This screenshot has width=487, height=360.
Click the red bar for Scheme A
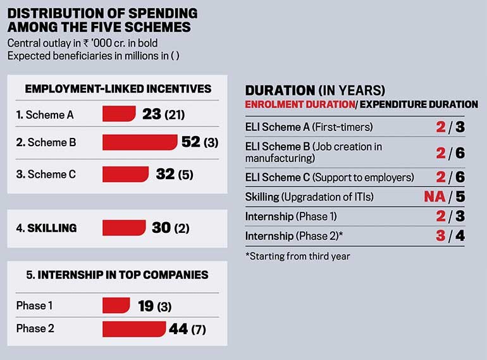(x=118, y=115)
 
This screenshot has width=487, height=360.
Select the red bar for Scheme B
(x=139, y=142)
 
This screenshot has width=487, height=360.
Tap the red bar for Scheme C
(x=125, y=173)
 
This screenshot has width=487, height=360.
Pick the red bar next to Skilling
(x=124, y=227)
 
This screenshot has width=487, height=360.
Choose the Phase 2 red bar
(x=134, y=329)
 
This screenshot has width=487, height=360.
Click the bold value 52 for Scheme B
(x=190, y=142)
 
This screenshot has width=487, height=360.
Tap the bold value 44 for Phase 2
(x=178, y=329)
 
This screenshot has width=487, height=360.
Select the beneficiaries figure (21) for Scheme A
(x=174, y=115)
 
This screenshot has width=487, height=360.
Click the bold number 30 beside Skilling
(x=161, y=227)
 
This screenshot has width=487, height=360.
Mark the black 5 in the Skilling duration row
(x=460, y=196)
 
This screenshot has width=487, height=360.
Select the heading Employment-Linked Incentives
(x=118, y=89)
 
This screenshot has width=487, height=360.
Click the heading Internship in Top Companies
(x=118, y=275)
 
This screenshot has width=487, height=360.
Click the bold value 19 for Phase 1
(x=146, y=306)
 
